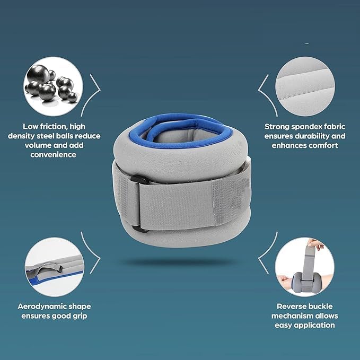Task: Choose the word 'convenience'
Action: point(54,155)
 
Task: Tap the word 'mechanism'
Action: point(297,316)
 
